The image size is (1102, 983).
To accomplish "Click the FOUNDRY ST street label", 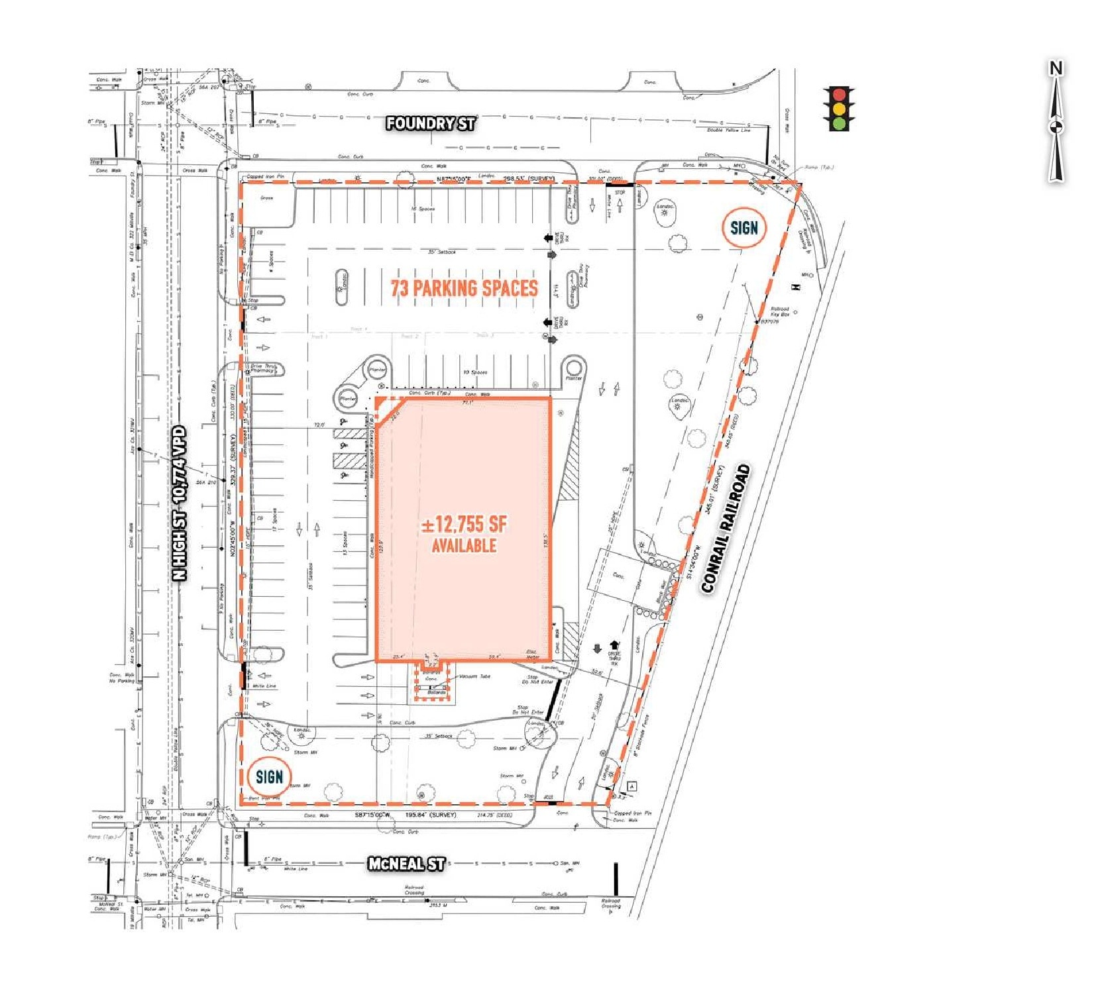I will coord(430,123).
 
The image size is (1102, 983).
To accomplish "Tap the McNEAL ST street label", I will coord(406,863).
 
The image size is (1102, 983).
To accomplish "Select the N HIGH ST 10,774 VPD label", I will coord(179,503).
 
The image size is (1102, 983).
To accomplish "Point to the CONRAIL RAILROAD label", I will coord(726,529).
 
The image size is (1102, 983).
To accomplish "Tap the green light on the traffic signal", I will coord(840,123).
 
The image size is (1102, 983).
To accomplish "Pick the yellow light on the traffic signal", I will coord(840,109).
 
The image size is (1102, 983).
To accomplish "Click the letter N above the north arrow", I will coord(1056,68).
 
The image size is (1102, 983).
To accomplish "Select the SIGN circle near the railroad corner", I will coord(744,229).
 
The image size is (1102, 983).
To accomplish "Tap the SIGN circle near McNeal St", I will coord(269,777).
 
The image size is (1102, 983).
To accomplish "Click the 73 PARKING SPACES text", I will coord(464,288).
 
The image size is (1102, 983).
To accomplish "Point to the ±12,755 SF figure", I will coord(464,525).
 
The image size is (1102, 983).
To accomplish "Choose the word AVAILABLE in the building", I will coord(464,546).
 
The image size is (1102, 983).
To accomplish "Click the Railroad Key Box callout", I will coord(779,312).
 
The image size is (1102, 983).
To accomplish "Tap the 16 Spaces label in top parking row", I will coord(423,209).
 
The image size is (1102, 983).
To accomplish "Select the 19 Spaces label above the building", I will coord(474,372).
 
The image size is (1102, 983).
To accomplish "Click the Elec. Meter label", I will coord(532,654).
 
